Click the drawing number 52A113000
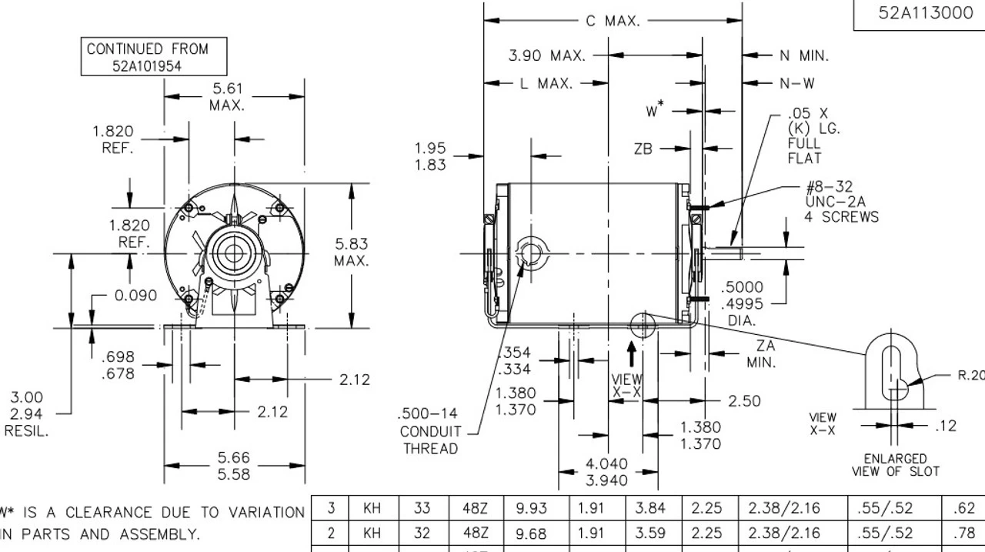pos(925,13)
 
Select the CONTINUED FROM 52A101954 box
pos(147,57)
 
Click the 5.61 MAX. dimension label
pos(227,97)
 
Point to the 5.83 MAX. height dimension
pos(351,253)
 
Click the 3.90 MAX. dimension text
pos(547,55)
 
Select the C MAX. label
pos(613,21)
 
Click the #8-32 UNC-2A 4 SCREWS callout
pos(841,202)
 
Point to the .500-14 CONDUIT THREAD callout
pos(429,432)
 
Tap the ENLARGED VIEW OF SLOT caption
pos(895,464)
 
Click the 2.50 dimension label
pos(743,400)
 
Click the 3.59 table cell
pos(650,533)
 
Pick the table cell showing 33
pos(421,509)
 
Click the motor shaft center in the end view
pos(229,253)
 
